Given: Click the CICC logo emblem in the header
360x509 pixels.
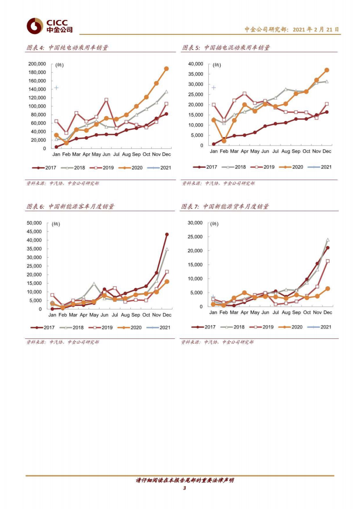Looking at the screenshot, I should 35,26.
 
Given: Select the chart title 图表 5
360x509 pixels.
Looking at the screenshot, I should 226,48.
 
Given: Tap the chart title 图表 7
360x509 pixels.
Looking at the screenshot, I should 225,206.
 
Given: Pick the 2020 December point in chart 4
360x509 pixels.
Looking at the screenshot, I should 166,69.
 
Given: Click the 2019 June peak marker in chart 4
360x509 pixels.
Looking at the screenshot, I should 106,100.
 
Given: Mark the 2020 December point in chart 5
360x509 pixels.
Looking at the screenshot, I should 327,70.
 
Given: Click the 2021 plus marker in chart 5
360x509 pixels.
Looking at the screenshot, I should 213,88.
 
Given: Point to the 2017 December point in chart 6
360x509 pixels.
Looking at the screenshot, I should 167,235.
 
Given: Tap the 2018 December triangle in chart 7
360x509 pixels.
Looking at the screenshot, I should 328,240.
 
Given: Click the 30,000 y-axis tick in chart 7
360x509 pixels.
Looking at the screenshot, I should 194,223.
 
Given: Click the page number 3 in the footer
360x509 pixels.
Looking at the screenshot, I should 185,488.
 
